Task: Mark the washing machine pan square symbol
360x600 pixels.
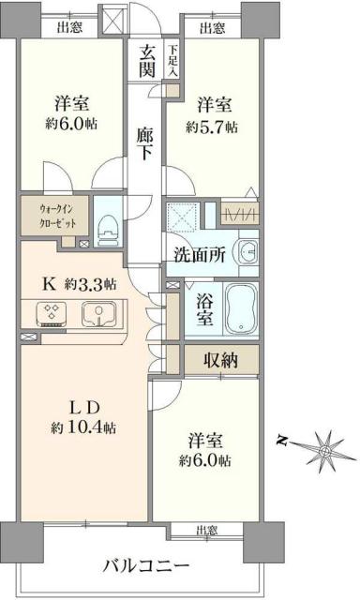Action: click(183, 212)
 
